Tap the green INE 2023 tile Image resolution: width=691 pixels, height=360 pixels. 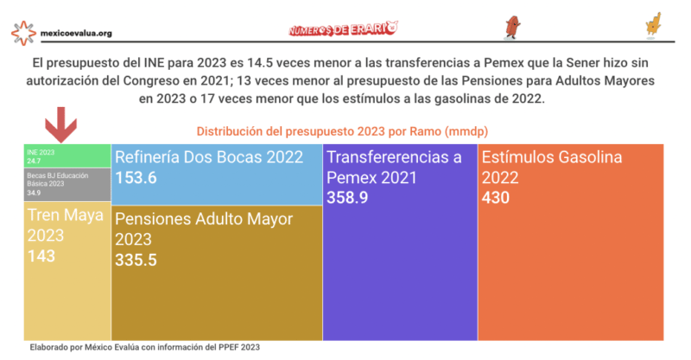coord(67,155)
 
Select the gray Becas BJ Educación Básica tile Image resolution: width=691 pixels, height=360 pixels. coord(67,183)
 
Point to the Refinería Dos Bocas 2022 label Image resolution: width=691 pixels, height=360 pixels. coord(209,157)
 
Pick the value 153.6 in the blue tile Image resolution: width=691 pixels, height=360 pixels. coord(136,178)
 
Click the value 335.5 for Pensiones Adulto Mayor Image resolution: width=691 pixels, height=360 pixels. coord(136,259)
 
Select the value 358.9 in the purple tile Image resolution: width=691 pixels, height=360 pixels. coord(346,198)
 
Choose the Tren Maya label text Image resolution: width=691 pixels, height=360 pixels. coord(66,224)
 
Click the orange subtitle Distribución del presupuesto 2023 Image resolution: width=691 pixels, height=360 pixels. coord(345,131)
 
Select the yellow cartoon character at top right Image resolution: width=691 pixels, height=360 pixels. coord(652,25)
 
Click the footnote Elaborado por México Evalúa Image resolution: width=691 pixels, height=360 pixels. coord(144,347)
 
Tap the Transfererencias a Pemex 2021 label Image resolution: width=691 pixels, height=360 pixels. coord(394,167)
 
